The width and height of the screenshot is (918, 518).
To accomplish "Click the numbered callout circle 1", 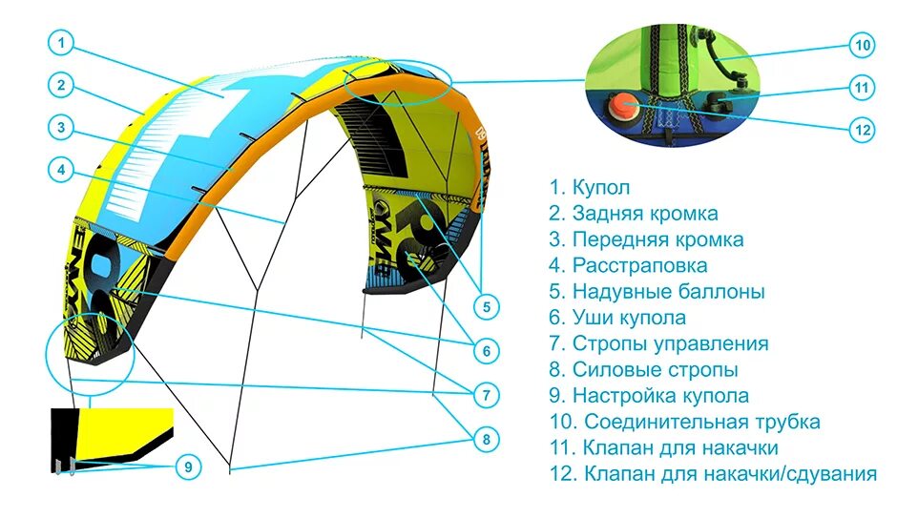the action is [x=60, y=43].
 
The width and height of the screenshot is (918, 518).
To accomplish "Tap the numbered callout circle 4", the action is [x=60, y=169].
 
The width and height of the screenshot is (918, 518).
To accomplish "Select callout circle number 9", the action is [x=189, y=466].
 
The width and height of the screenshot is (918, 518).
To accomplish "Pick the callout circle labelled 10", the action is [x=863, y=45].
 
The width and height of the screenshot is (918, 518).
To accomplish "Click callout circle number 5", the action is [x=486, y=307].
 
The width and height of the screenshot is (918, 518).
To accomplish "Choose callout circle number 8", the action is [x=486, y=439].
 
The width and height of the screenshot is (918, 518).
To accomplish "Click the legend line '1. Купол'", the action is [x=590, y=187].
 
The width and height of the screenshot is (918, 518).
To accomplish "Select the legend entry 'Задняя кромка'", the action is [x=633, y=214].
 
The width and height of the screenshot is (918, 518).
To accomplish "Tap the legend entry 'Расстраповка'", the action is [x=628, y=265].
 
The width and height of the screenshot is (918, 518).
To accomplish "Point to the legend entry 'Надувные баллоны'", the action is [x=657, y=292].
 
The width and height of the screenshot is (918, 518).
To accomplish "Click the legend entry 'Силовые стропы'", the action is [x=643, y=369].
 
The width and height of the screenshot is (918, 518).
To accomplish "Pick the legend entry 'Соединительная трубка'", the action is [x=684, y=421].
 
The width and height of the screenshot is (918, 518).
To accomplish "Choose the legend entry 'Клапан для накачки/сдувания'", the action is [x=712, y=473].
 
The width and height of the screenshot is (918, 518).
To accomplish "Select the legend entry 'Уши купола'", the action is [x=616, y=318].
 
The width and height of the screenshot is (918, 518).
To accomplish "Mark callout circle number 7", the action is [x=486, y=394].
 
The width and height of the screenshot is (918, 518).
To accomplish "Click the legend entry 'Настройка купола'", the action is [x=649, y=395].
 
